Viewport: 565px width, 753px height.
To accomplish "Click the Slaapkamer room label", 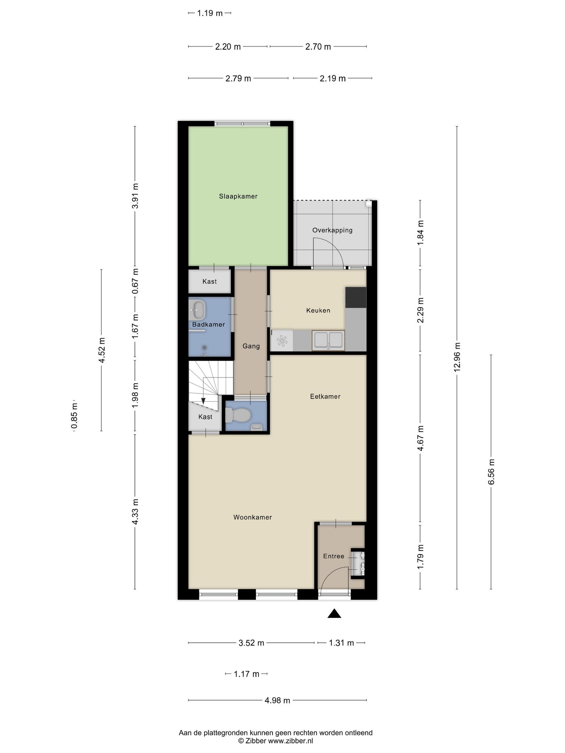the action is [238, 196].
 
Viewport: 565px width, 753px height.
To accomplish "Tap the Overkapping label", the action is [332, 231].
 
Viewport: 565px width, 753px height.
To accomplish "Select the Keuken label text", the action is [318, 311].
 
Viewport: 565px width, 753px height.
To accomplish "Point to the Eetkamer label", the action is [325, 397].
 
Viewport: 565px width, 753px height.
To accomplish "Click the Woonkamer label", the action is [253, 517].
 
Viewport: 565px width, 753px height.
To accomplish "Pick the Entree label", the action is [334, 556].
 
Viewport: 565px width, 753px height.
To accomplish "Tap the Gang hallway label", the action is [251, 346].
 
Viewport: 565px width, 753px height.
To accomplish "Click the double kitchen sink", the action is [328, 340].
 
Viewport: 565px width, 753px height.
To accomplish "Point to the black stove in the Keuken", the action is [355, 297].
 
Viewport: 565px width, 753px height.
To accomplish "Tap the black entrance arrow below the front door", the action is [334, 613].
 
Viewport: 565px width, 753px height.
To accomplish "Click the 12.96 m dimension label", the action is [457, 357].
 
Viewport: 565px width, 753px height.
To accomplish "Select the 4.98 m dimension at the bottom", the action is [277, 701].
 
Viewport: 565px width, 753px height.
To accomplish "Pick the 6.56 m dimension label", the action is [491, 472].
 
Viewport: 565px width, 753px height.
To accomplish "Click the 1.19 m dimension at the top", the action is [210, 13].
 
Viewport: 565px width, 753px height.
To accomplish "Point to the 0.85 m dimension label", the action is [74, 416].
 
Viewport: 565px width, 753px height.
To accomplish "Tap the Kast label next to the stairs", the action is [205, 417].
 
